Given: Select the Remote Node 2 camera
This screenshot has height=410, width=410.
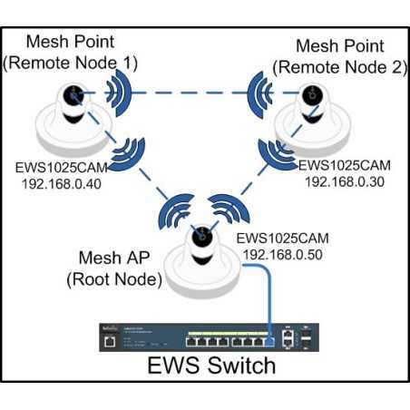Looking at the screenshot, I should pos(312,114).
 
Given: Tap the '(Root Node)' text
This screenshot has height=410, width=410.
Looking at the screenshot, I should pos(114,281).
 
